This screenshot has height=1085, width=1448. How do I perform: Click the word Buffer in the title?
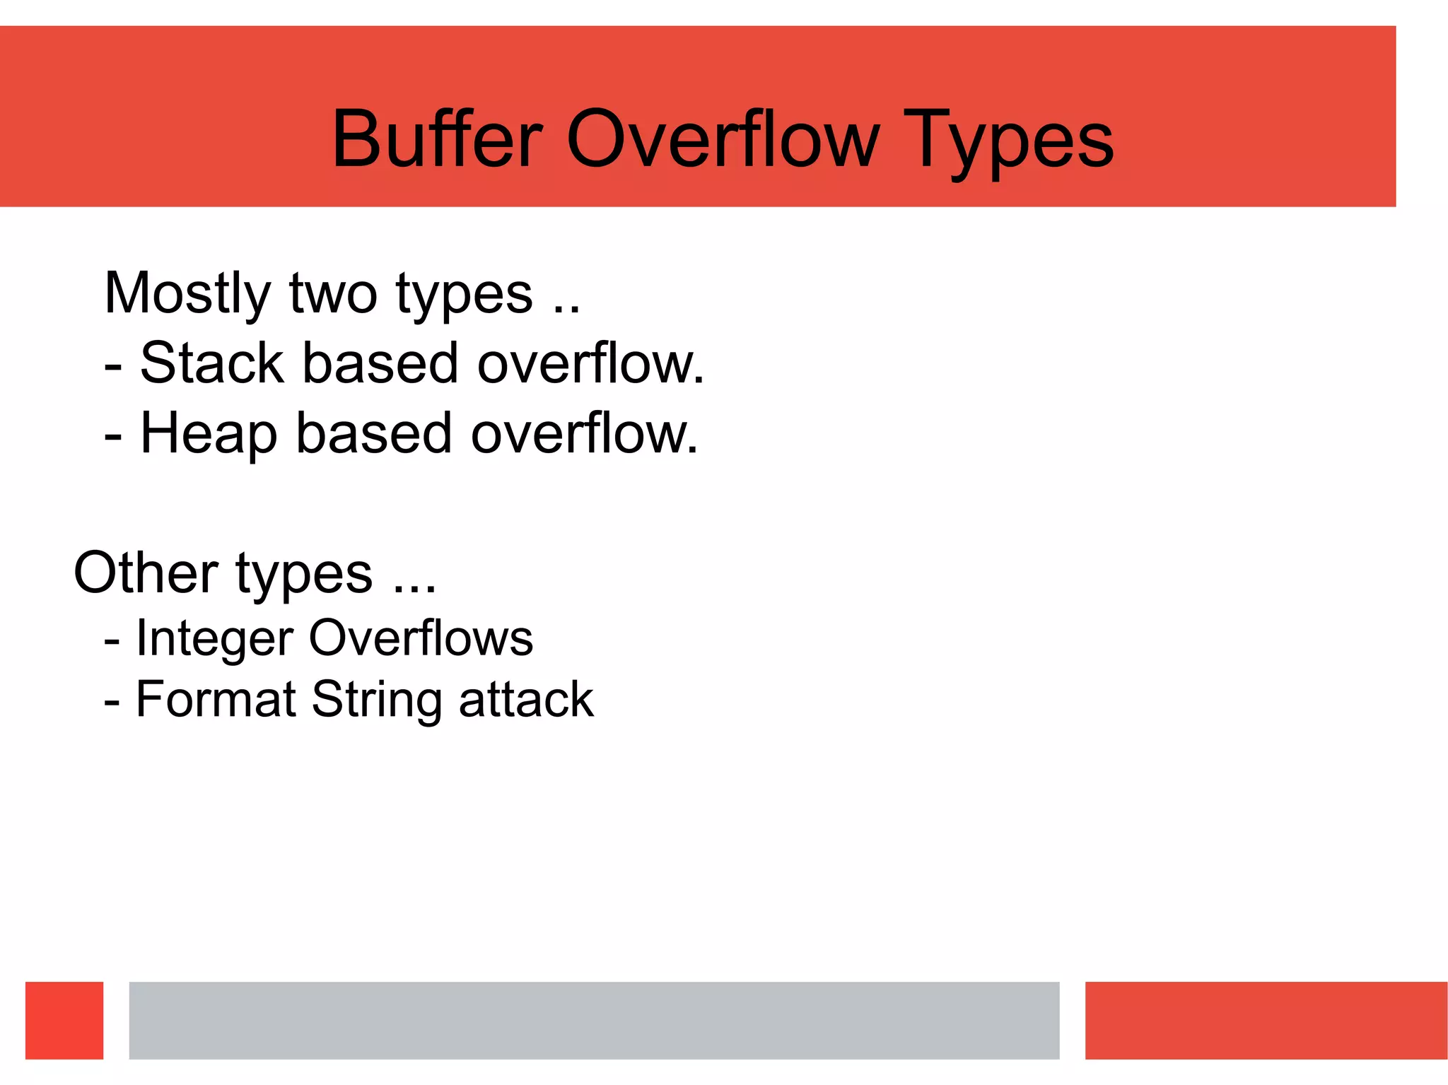437,139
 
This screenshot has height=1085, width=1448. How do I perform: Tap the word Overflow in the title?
723,139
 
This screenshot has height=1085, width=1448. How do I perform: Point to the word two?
333,294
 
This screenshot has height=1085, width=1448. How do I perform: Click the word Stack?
212,363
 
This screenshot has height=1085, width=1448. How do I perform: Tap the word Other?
146,573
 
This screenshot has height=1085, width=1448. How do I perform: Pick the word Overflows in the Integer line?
421,638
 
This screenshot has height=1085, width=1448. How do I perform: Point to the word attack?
526,700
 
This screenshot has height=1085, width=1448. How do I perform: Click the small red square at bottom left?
64,1020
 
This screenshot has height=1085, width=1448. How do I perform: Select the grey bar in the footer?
594,1020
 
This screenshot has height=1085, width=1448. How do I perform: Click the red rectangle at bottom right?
1266,1020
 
